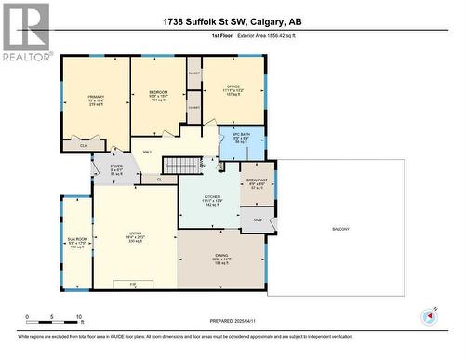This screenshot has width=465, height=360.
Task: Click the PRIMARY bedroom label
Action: (x=97, y=96)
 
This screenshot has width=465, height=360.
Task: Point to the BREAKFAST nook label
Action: (x=258, y=180)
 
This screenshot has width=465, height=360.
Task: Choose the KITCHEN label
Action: (x=213, y=197)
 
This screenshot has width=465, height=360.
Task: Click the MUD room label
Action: (x=258, y=220)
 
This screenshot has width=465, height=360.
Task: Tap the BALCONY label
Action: (x=340, y=228)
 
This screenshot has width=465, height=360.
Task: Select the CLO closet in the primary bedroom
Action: (x=84, y=145)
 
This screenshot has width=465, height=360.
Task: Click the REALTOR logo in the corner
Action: (x=26, y=32)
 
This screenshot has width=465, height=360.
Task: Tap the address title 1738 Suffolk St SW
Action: (x=232, y=21)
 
